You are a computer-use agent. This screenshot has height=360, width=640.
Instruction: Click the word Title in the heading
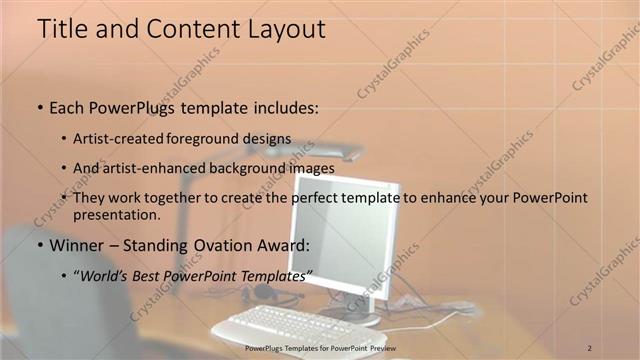61,29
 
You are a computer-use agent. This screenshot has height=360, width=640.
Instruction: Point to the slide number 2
591,347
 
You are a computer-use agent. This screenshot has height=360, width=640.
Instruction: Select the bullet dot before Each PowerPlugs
39,105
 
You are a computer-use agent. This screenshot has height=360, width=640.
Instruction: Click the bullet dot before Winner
39,245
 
